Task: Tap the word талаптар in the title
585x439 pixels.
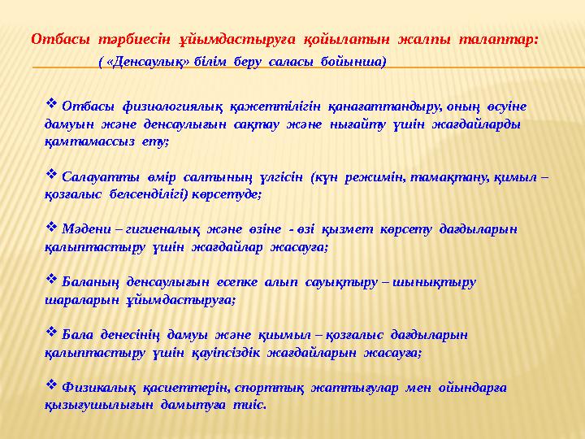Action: (x=499, y=39)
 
